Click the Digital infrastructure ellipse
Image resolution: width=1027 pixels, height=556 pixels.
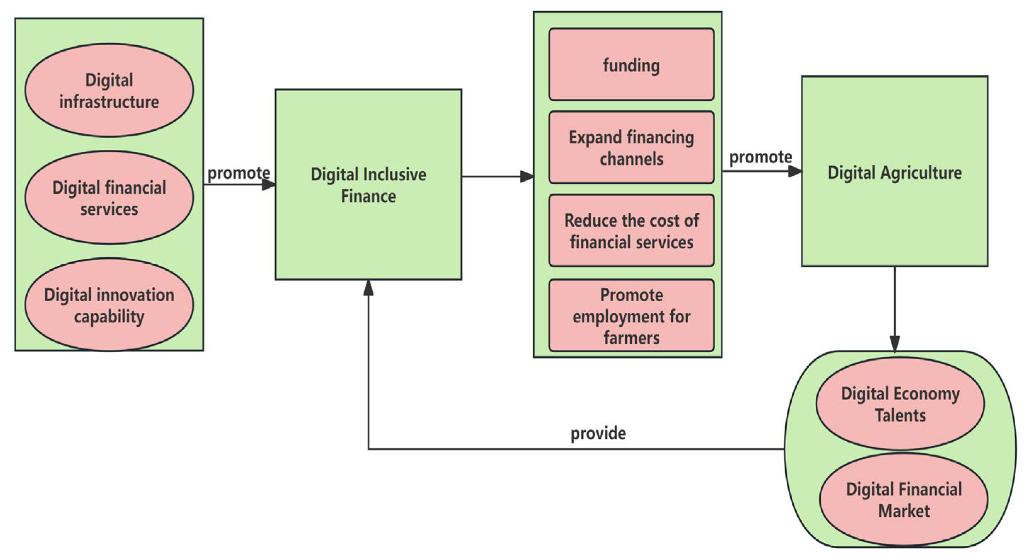[x=109, y=91]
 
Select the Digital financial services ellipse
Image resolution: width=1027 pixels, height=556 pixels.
[x=109, y=198]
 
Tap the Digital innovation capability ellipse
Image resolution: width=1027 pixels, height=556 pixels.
[x=109, y=305]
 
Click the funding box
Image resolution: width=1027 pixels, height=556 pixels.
[x=631, y=64]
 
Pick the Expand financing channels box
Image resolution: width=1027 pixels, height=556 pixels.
[x=631, y=148]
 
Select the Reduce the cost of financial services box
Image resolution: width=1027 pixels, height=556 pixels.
[x=631, y=231]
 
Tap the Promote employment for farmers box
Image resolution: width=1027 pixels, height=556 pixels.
[x=631, y=316]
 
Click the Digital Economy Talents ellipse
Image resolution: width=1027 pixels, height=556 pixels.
[x=900, y=404]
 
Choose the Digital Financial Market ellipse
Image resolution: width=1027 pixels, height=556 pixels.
[x=903, y=500]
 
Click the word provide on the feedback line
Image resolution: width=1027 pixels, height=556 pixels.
[x=598, y=433]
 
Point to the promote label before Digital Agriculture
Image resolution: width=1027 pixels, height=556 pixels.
[x=760, y=157]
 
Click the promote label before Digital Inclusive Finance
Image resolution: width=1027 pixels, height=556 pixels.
[x=239, y=173]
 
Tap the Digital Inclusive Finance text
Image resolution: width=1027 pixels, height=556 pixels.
[x=368, y=185]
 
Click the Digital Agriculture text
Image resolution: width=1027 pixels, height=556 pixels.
[x=895, y=173]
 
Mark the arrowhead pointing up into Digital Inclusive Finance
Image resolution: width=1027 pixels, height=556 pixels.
[x=368, y=287]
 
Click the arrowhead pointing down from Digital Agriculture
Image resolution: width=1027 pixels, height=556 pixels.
[x=895, y=344]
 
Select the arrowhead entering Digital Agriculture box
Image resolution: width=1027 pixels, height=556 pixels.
[x=794, y=171]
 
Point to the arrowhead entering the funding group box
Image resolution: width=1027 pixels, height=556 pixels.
[x=527, y=177]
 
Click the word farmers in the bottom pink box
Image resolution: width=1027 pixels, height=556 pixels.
[x=631, y=338]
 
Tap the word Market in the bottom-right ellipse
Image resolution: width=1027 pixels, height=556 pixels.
[x=904, y=511]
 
